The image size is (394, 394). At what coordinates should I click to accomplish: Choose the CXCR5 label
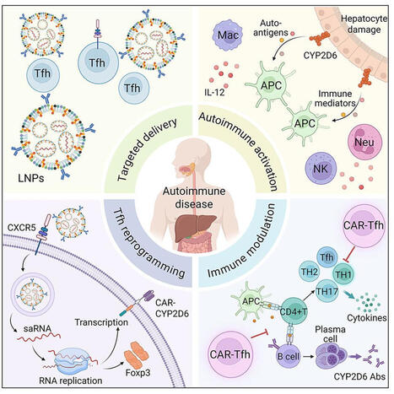31,227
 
